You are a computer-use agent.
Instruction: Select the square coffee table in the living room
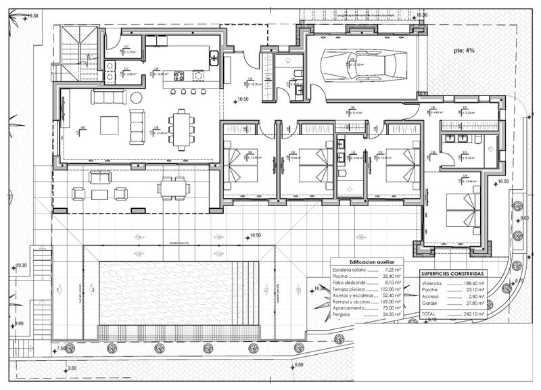tap(110, 125)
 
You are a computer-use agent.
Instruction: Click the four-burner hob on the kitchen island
tap(179, 76)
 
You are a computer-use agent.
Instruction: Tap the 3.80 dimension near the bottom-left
tap(72, 368)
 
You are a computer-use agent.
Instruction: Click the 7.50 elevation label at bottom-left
tap(62, 349)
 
